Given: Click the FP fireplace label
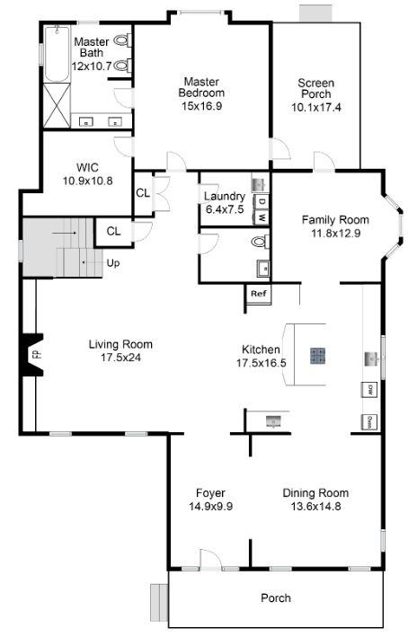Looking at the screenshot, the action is click(37, 354).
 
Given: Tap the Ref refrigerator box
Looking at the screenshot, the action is click(258, 294).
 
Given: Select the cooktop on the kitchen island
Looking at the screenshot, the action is click(317, 356).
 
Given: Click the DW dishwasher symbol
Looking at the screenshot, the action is click(369, 390).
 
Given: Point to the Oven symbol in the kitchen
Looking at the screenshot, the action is click(369, 422).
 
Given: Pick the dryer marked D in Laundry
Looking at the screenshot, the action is click(262, 201).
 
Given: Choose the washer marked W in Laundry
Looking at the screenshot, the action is click(262, 217).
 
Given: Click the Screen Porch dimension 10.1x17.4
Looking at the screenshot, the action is click(316, 107).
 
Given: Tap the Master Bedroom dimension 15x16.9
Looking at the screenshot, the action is click(202, 106).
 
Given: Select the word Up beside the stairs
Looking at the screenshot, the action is click(113, 263).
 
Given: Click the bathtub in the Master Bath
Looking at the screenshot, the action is click(57, 54).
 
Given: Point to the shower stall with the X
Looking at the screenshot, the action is click(57, 106).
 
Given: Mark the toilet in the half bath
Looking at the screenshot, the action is click(260, 242).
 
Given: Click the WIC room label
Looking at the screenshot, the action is click(87, 167).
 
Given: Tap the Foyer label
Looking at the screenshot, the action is click(210, 492).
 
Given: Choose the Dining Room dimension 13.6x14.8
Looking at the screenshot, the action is click(315, 506).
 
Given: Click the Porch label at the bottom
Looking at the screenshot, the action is click(276, 598).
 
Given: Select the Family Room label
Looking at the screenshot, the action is click(335, 220).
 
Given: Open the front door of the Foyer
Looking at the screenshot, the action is click(211, 561).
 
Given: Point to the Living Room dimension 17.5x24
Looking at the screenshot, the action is click(120, 358).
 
